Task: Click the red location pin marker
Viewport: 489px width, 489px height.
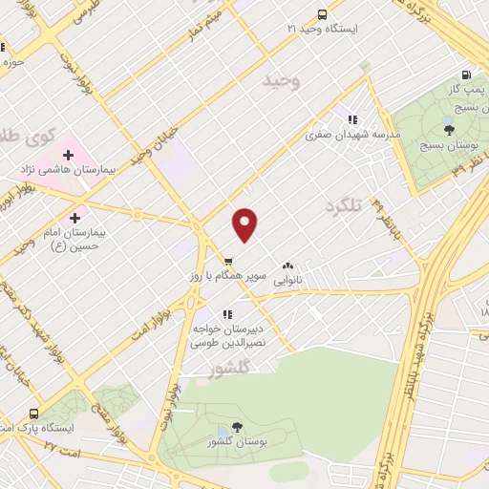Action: point(245,223)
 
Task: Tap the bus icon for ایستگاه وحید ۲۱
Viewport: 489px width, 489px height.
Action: point(322,15)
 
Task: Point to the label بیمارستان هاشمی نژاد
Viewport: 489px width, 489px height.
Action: point(68,169)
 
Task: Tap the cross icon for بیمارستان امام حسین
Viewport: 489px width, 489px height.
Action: point(75,217)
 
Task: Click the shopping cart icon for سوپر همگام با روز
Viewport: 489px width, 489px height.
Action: point(228,261)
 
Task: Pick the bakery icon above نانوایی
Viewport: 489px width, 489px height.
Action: point(287,266)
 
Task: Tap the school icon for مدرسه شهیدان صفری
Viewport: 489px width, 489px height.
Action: point(351,120)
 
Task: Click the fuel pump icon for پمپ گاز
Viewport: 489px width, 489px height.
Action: point(466,74)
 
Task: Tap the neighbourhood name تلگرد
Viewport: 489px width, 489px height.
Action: point(346,206)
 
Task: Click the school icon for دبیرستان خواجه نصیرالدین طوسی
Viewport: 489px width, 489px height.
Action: point(226,313)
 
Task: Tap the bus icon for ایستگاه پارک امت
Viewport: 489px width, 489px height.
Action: point(34,414)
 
